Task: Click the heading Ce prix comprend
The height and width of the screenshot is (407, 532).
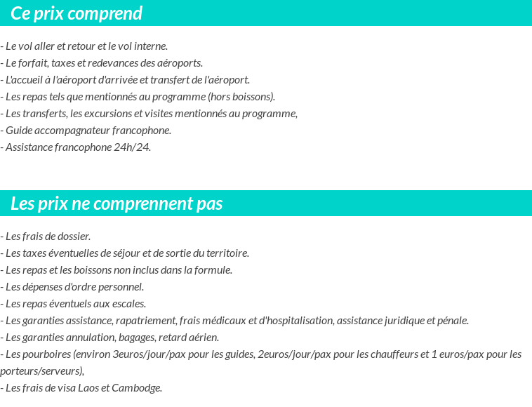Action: (77, 13)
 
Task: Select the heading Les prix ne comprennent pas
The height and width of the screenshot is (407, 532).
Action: (117, 203)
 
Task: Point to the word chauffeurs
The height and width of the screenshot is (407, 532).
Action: (394, 354)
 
